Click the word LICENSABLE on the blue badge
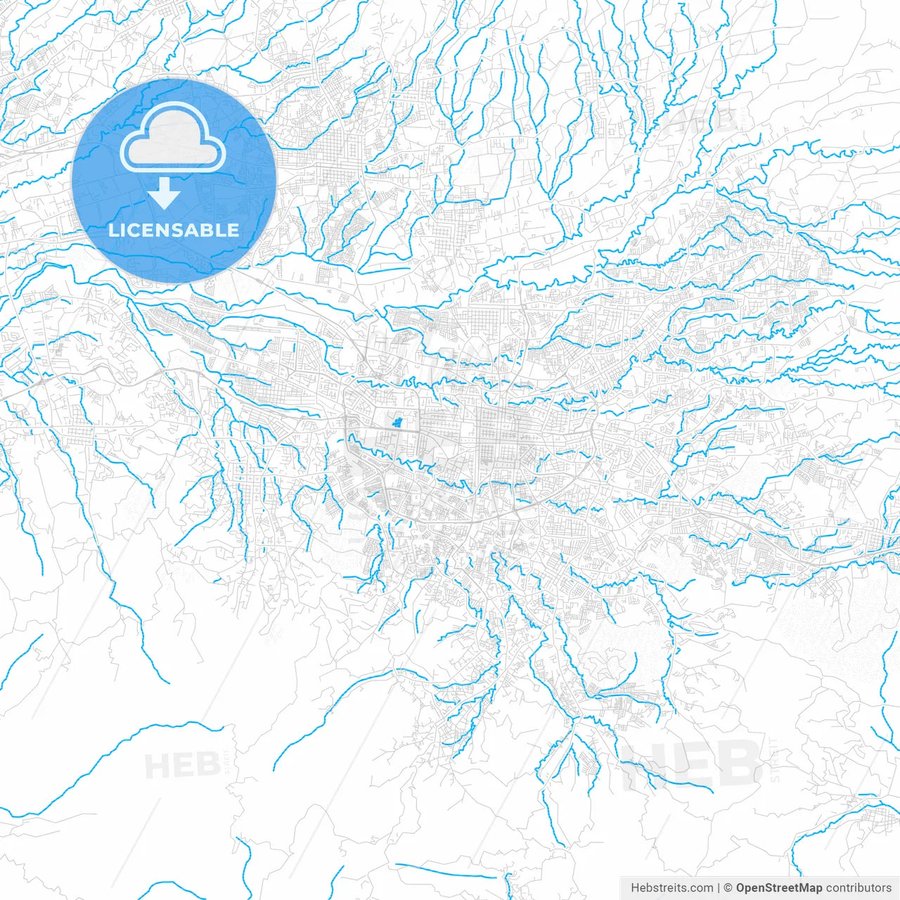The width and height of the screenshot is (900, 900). click(x=174, y=230)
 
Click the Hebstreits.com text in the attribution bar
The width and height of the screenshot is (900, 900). click(x=671, y=888)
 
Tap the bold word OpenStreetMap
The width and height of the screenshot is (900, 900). click(x=779, y=888)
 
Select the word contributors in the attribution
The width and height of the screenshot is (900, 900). click(x=859, y=888)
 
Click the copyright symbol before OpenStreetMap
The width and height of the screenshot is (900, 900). click(x=728, y=888)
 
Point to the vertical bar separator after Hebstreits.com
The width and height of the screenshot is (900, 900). click(x=719, y=888)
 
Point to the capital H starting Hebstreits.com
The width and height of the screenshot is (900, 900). click(x=635, y=888)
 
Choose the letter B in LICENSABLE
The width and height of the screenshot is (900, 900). click(x=210, y=230)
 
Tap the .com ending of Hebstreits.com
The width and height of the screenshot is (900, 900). click(x=700, y=888)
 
